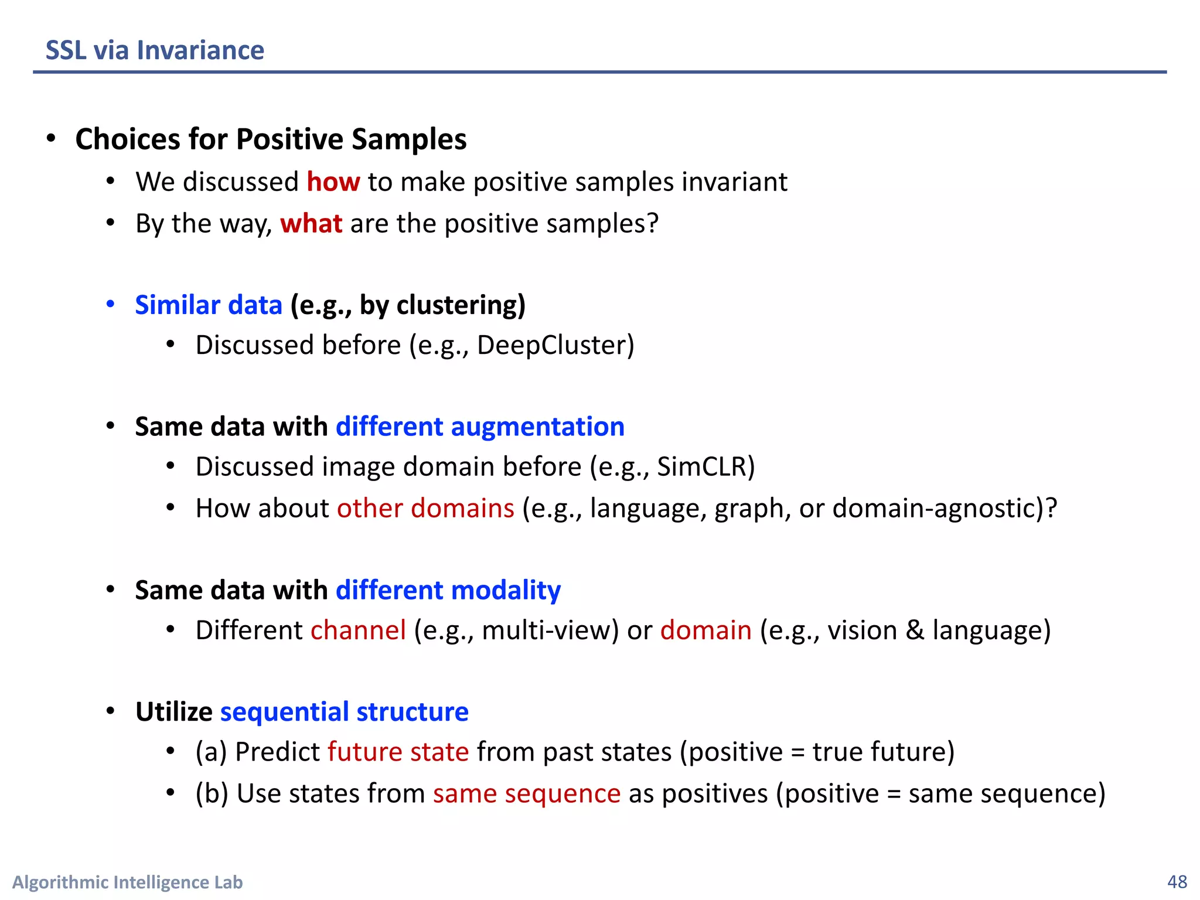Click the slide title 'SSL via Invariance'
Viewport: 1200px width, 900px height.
155,50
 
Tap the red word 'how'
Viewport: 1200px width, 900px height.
333,182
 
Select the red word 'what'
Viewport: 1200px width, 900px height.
311,224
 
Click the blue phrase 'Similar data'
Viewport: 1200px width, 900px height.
209,305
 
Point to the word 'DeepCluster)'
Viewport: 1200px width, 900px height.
555,345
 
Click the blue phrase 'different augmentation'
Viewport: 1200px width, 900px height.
480,427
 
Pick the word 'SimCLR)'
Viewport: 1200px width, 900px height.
706,467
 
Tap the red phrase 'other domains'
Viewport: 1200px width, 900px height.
425,508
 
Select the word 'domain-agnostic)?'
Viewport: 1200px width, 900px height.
945,508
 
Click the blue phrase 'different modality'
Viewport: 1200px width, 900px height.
448,590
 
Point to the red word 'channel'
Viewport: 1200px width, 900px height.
358,630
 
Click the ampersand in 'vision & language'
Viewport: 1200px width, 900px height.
915,630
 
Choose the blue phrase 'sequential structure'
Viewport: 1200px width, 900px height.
344,712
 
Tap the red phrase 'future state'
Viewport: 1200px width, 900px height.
398,752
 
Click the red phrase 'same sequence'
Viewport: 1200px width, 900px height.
526,793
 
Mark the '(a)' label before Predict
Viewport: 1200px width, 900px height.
211,752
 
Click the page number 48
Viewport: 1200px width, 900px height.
1177,882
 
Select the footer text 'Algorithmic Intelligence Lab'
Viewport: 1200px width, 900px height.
128,882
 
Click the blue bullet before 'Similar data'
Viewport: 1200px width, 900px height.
110,305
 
